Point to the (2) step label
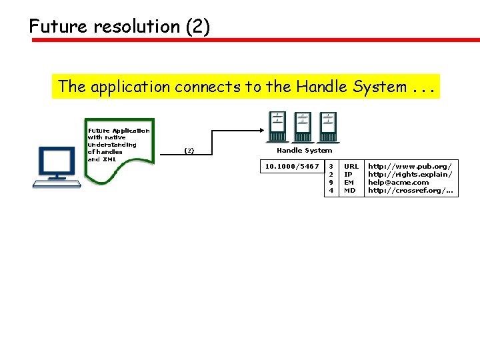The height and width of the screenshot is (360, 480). [x=189, y=151]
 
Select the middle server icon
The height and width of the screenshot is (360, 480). [x=302, y=126]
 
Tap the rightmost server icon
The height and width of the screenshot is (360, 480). [x=328, y=126]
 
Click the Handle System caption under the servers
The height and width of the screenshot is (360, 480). [x=304, y=151]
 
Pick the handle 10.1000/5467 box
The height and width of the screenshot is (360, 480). [x=292, y=166]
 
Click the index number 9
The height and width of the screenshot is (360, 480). [x=331, y=182]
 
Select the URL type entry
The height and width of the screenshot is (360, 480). [x=351, y=166]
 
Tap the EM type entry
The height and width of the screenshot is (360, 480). [x=349, y=182]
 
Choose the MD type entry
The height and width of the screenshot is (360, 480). [x=349, y=191]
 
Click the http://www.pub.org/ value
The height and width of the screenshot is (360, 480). [x=409, y=166]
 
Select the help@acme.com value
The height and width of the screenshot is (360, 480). [x=399, y=182]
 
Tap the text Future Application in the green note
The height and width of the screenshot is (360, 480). [x=119, y=131]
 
